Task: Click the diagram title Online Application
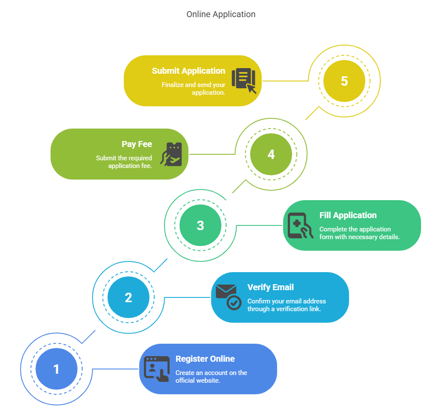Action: [221, 14]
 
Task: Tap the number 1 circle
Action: [56, 369]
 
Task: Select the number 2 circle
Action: [128, 297]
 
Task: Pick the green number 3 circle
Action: [200, 225]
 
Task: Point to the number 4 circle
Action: [271, 154]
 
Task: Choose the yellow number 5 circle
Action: [344, 81]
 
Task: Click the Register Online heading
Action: [205, 359]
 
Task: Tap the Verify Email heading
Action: [271, 287]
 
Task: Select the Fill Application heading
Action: [348, 215]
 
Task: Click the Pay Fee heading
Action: [137, 144]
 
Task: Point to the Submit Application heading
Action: [188, 71]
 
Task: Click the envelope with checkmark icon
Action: [228, 297]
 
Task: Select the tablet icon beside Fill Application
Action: [299, 225]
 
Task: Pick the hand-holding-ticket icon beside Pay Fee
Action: [173, 154]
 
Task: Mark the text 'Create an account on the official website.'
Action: [211, 376]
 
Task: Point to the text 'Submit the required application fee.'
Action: [124, 162]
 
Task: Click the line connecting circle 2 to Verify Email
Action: [188, 297]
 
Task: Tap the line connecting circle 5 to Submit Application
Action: [285, 81]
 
